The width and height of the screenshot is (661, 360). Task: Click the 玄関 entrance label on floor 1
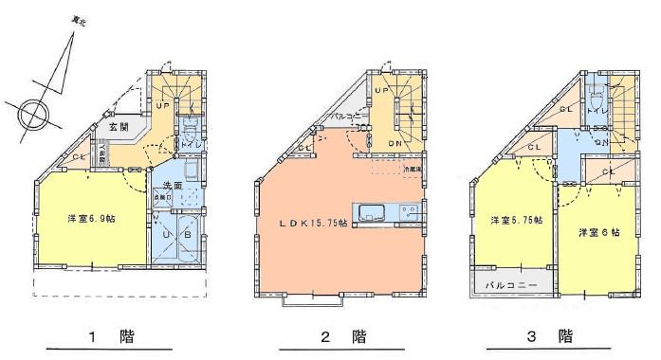pos(117,125)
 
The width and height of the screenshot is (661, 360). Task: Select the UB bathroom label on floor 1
pos(176,234)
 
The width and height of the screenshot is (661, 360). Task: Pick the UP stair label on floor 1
pos(163,105)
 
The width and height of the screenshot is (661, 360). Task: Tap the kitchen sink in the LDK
pos(371,210)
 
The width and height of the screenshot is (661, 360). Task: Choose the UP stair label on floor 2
pos(382,90)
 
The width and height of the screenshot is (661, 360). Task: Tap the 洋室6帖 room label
pos(597,231)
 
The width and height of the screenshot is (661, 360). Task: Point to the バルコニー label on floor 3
pos(512,283)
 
